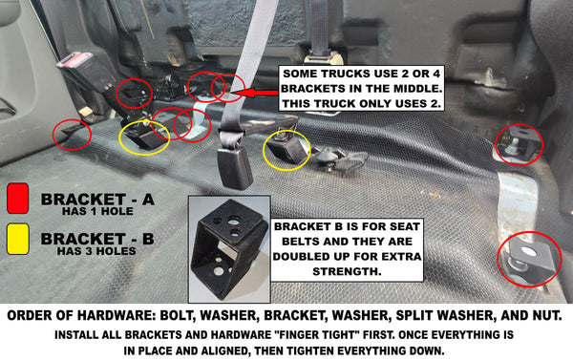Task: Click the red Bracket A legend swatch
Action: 17,199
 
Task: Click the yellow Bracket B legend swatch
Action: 17,239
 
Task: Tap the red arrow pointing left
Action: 254,93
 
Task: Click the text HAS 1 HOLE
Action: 97,211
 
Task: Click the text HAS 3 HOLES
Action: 96,251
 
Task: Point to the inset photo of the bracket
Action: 229,249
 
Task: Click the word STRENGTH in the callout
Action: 347,271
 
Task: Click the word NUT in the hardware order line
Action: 548,315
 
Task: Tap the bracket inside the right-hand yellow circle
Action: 286,149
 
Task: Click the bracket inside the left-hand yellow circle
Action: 143,138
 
